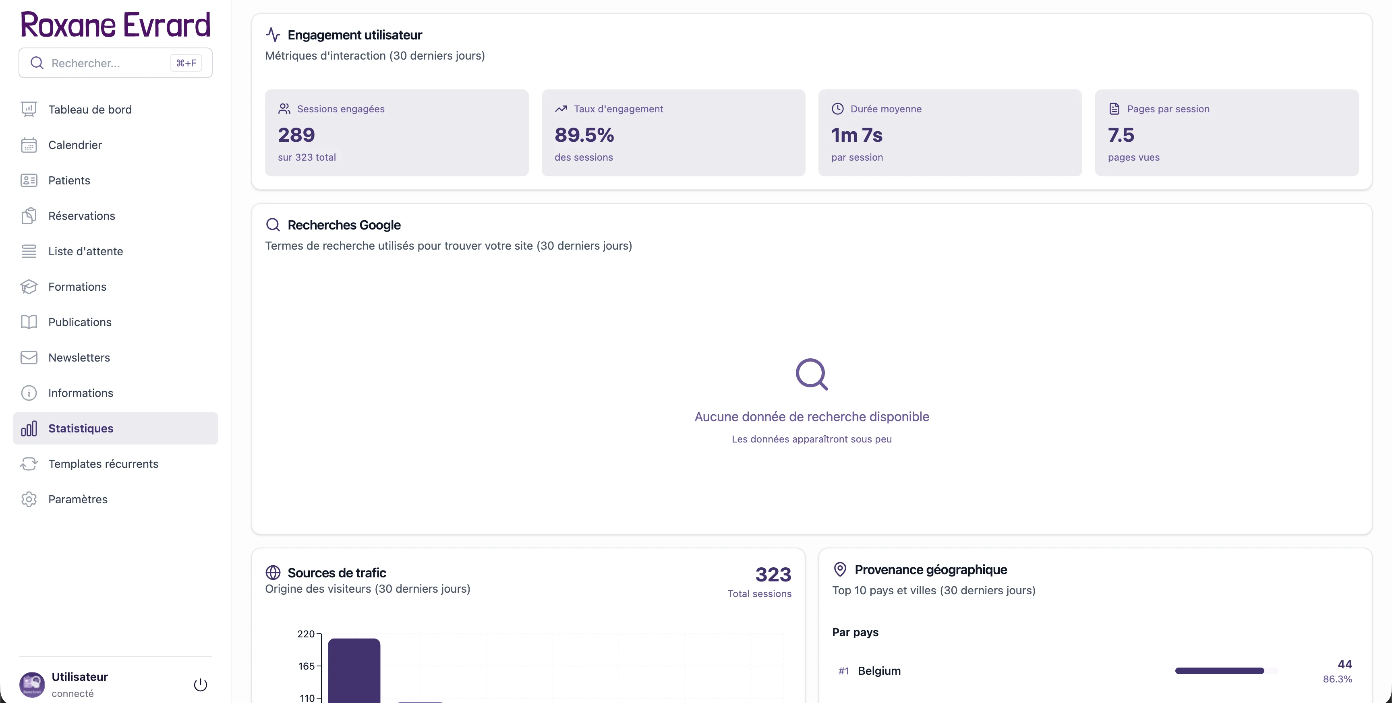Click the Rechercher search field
point(108,63)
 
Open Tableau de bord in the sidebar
point(90,110)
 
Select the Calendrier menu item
point(75,145)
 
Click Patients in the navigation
point(69,180)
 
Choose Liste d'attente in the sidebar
point(85,251)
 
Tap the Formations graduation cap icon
point(29,287)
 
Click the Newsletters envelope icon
point(29,358)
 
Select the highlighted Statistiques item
point(81,428)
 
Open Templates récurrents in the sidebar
point(103,464)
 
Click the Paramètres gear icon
point(29,499)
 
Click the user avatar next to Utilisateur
point(32,684)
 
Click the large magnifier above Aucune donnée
point(812,374)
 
